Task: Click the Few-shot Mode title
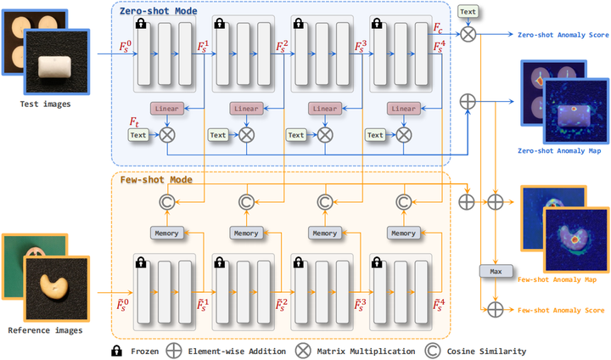point(156,180)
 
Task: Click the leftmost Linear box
point(167,109)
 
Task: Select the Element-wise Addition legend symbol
point(172,350)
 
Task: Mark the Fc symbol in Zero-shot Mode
point(438,28)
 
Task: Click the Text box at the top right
point(467,11)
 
